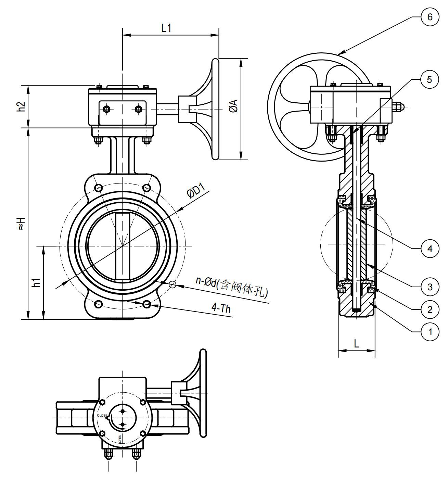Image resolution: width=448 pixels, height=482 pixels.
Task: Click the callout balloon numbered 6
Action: pos(430,17)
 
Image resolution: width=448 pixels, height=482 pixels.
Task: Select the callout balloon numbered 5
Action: pos(430,79)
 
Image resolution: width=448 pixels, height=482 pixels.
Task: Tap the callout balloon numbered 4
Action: pos(430,249)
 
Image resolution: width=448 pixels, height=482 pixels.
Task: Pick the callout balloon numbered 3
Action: pos(430,287)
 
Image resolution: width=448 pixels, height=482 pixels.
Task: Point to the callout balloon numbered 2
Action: pos(430,309)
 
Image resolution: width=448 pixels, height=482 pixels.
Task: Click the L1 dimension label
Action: pos(166,28)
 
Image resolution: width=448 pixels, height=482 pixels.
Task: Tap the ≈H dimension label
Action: pos(22,223)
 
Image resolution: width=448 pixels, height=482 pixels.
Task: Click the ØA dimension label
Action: pos(234,106)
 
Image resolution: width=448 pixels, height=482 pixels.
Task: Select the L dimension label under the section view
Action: pos(356,344)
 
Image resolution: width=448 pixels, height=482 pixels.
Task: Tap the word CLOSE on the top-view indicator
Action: pos(102,416)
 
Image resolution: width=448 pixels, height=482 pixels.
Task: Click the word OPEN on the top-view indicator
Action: pos(120,439)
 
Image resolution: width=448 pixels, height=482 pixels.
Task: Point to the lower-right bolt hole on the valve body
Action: pos(147,304)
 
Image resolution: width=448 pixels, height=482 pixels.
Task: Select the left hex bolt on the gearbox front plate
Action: pos(106,109)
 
